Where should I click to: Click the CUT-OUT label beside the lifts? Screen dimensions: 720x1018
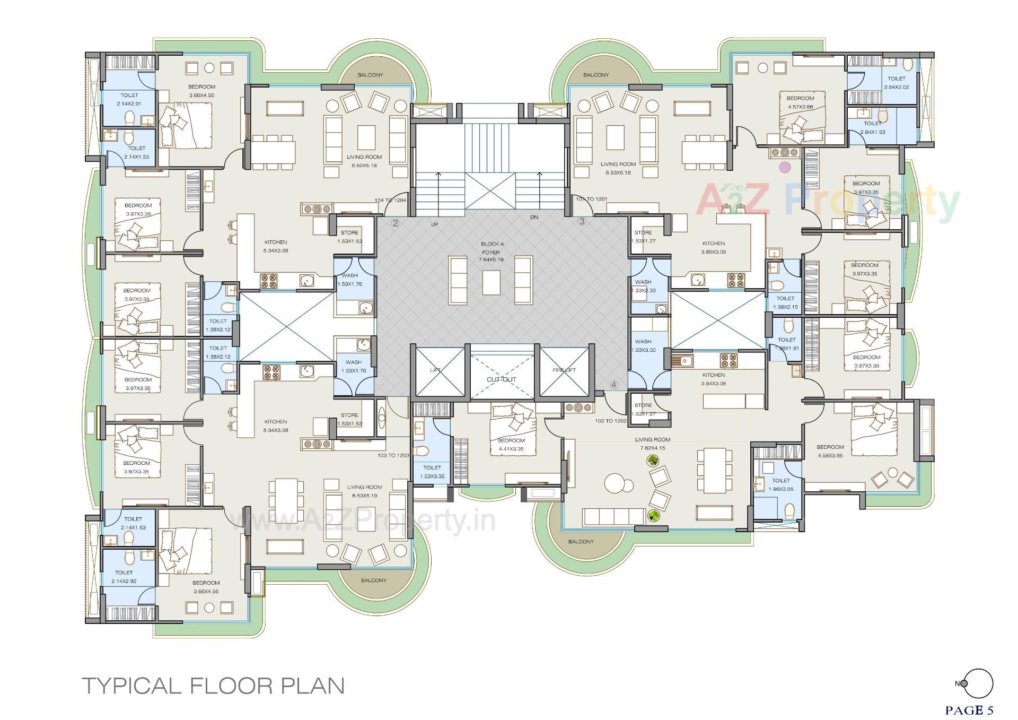point(501,379)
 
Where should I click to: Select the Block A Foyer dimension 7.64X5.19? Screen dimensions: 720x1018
point(493,261)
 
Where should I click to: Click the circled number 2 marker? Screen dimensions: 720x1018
point(395,223)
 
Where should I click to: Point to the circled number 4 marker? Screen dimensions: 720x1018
point(614,385)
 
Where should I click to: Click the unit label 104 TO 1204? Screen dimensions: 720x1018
point(390,200)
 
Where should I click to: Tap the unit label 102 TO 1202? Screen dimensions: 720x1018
point(611,421)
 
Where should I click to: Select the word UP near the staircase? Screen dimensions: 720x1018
point(434,224)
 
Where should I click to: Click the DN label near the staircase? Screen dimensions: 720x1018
point(534,218)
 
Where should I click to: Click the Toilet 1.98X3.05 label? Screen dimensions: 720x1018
point(781,485)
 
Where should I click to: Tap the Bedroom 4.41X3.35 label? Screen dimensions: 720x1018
point(511,445)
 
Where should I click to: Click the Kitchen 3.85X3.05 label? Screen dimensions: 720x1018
point(713,247)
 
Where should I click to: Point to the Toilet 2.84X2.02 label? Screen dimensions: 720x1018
point(896,83)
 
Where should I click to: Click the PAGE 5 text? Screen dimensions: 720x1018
point(969,710)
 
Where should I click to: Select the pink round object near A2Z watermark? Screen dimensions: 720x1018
point(783,167)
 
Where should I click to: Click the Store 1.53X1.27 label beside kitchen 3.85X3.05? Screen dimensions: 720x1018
point(643,237)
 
